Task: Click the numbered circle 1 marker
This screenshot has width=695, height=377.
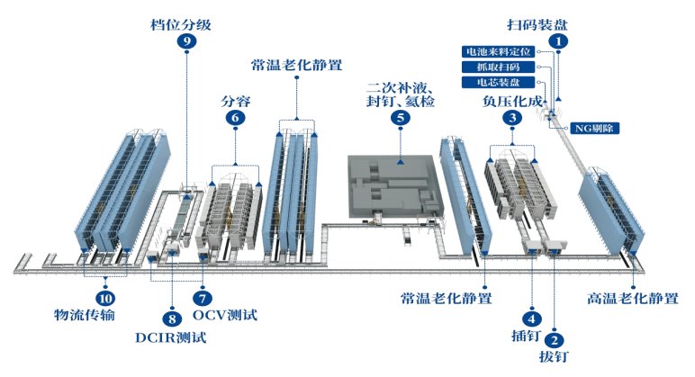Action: click(x=559, y=40)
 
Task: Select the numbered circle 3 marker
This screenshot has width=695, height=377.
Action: click(x=511, y=117)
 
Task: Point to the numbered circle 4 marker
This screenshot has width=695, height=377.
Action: click(x=531, y=318)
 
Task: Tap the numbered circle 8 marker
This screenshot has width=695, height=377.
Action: click(x=171, y=318)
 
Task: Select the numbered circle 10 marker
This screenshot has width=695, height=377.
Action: click(x=105, y=297)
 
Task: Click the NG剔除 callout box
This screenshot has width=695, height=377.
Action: click(x=596, y=128)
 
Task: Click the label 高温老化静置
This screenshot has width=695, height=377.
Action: click(x=632, y=298)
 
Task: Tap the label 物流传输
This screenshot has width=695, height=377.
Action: click(x=87, y=316)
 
